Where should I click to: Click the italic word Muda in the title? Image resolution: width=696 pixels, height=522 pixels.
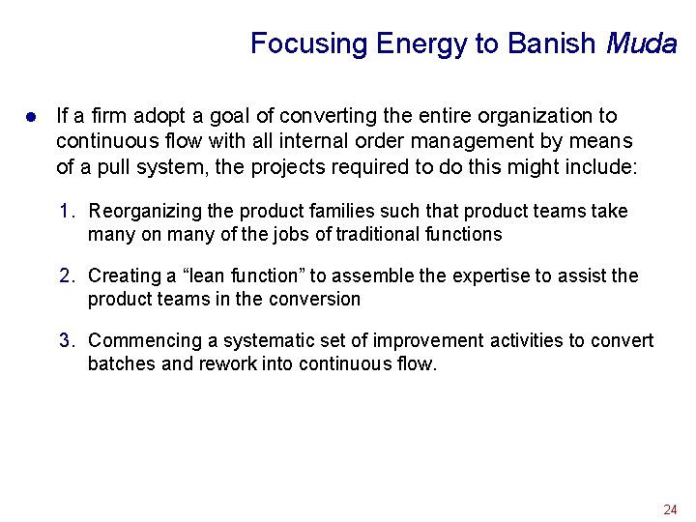[641, 43]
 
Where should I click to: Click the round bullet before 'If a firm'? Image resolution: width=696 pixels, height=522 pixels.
[31, 117]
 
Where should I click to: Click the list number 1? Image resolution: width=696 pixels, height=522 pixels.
[66, 211]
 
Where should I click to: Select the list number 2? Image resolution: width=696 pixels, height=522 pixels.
[66, 275]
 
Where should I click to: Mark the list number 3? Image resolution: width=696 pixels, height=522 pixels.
[66, 340]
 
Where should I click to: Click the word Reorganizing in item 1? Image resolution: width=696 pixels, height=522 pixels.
[141, 212]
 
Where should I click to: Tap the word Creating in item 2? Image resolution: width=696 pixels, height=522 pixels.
[124, 275]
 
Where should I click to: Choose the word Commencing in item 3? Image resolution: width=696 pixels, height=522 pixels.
[143, 341]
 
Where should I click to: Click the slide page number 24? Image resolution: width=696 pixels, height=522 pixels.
[670, 508]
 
